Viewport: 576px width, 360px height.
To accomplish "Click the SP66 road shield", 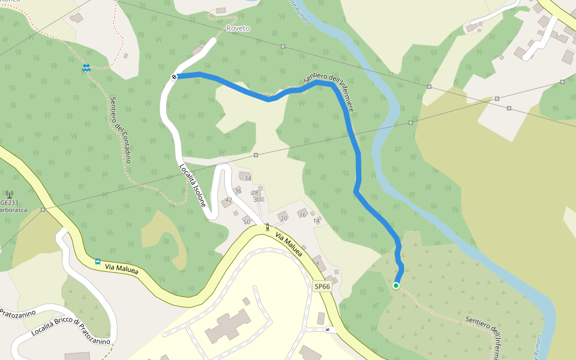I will click(322, 287).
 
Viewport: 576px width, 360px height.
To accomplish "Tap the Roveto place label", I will click(238, 28).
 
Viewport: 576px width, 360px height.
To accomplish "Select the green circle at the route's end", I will click(396, 286).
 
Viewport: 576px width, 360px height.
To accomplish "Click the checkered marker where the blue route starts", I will click(175, 76).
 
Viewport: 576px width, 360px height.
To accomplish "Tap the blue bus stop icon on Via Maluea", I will click(98, 262).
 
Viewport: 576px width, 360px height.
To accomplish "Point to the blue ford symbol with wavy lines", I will click(86, 68).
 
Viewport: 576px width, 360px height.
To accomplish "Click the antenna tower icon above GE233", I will click(10, 194).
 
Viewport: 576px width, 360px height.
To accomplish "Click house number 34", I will click(247, 178).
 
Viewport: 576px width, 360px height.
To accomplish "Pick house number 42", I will click(229, 200).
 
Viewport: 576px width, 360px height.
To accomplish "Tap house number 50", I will click(246, 222).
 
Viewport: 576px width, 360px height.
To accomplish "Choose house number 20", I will click(284, 218).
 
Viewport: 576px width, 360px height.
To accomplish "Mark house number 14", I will click(316, 221).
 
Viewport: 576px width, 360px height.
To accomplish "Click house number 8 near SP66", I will click(317, 263).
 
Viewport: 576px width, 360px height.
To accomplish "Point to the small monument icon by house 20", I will click(267, 226).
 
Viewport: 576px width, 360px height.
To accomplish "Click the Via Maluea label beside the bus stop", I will click(121, 268).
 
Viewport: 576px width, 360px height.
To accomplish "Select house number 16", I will click(302, 215).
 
